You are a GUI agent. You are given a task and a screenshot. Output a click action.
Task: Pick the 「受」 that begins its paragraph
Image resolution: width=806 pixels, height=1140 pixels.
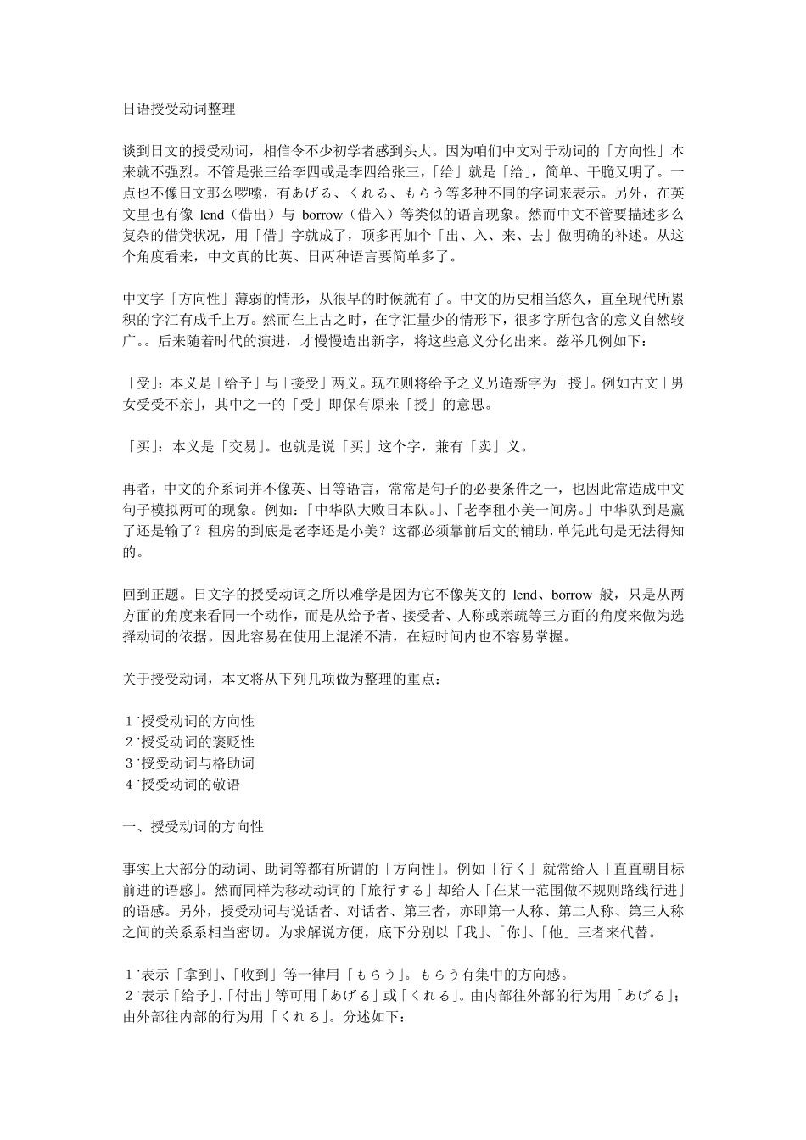click(x=138, y=383)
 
